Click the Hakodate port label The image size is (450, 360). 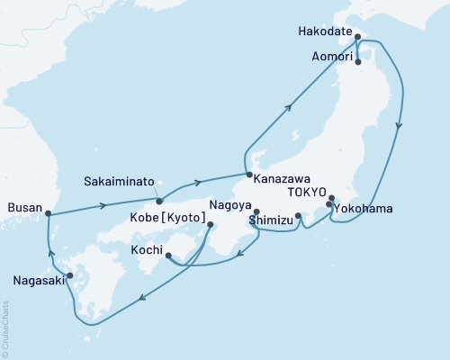[x=326, y=30]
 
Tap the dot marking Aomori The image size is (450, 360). [x=358, y=63]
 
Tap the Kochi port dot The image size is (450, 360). [x=169, y=256]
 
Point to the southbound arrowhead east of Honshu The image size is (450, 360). [x=399, y=126]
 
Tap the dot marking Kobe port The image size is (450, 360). [x=211, y=225]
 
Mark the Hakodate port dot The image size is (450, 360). [x=357, y=38]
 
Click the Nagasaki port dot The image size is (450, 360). [x=70, y=275]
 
